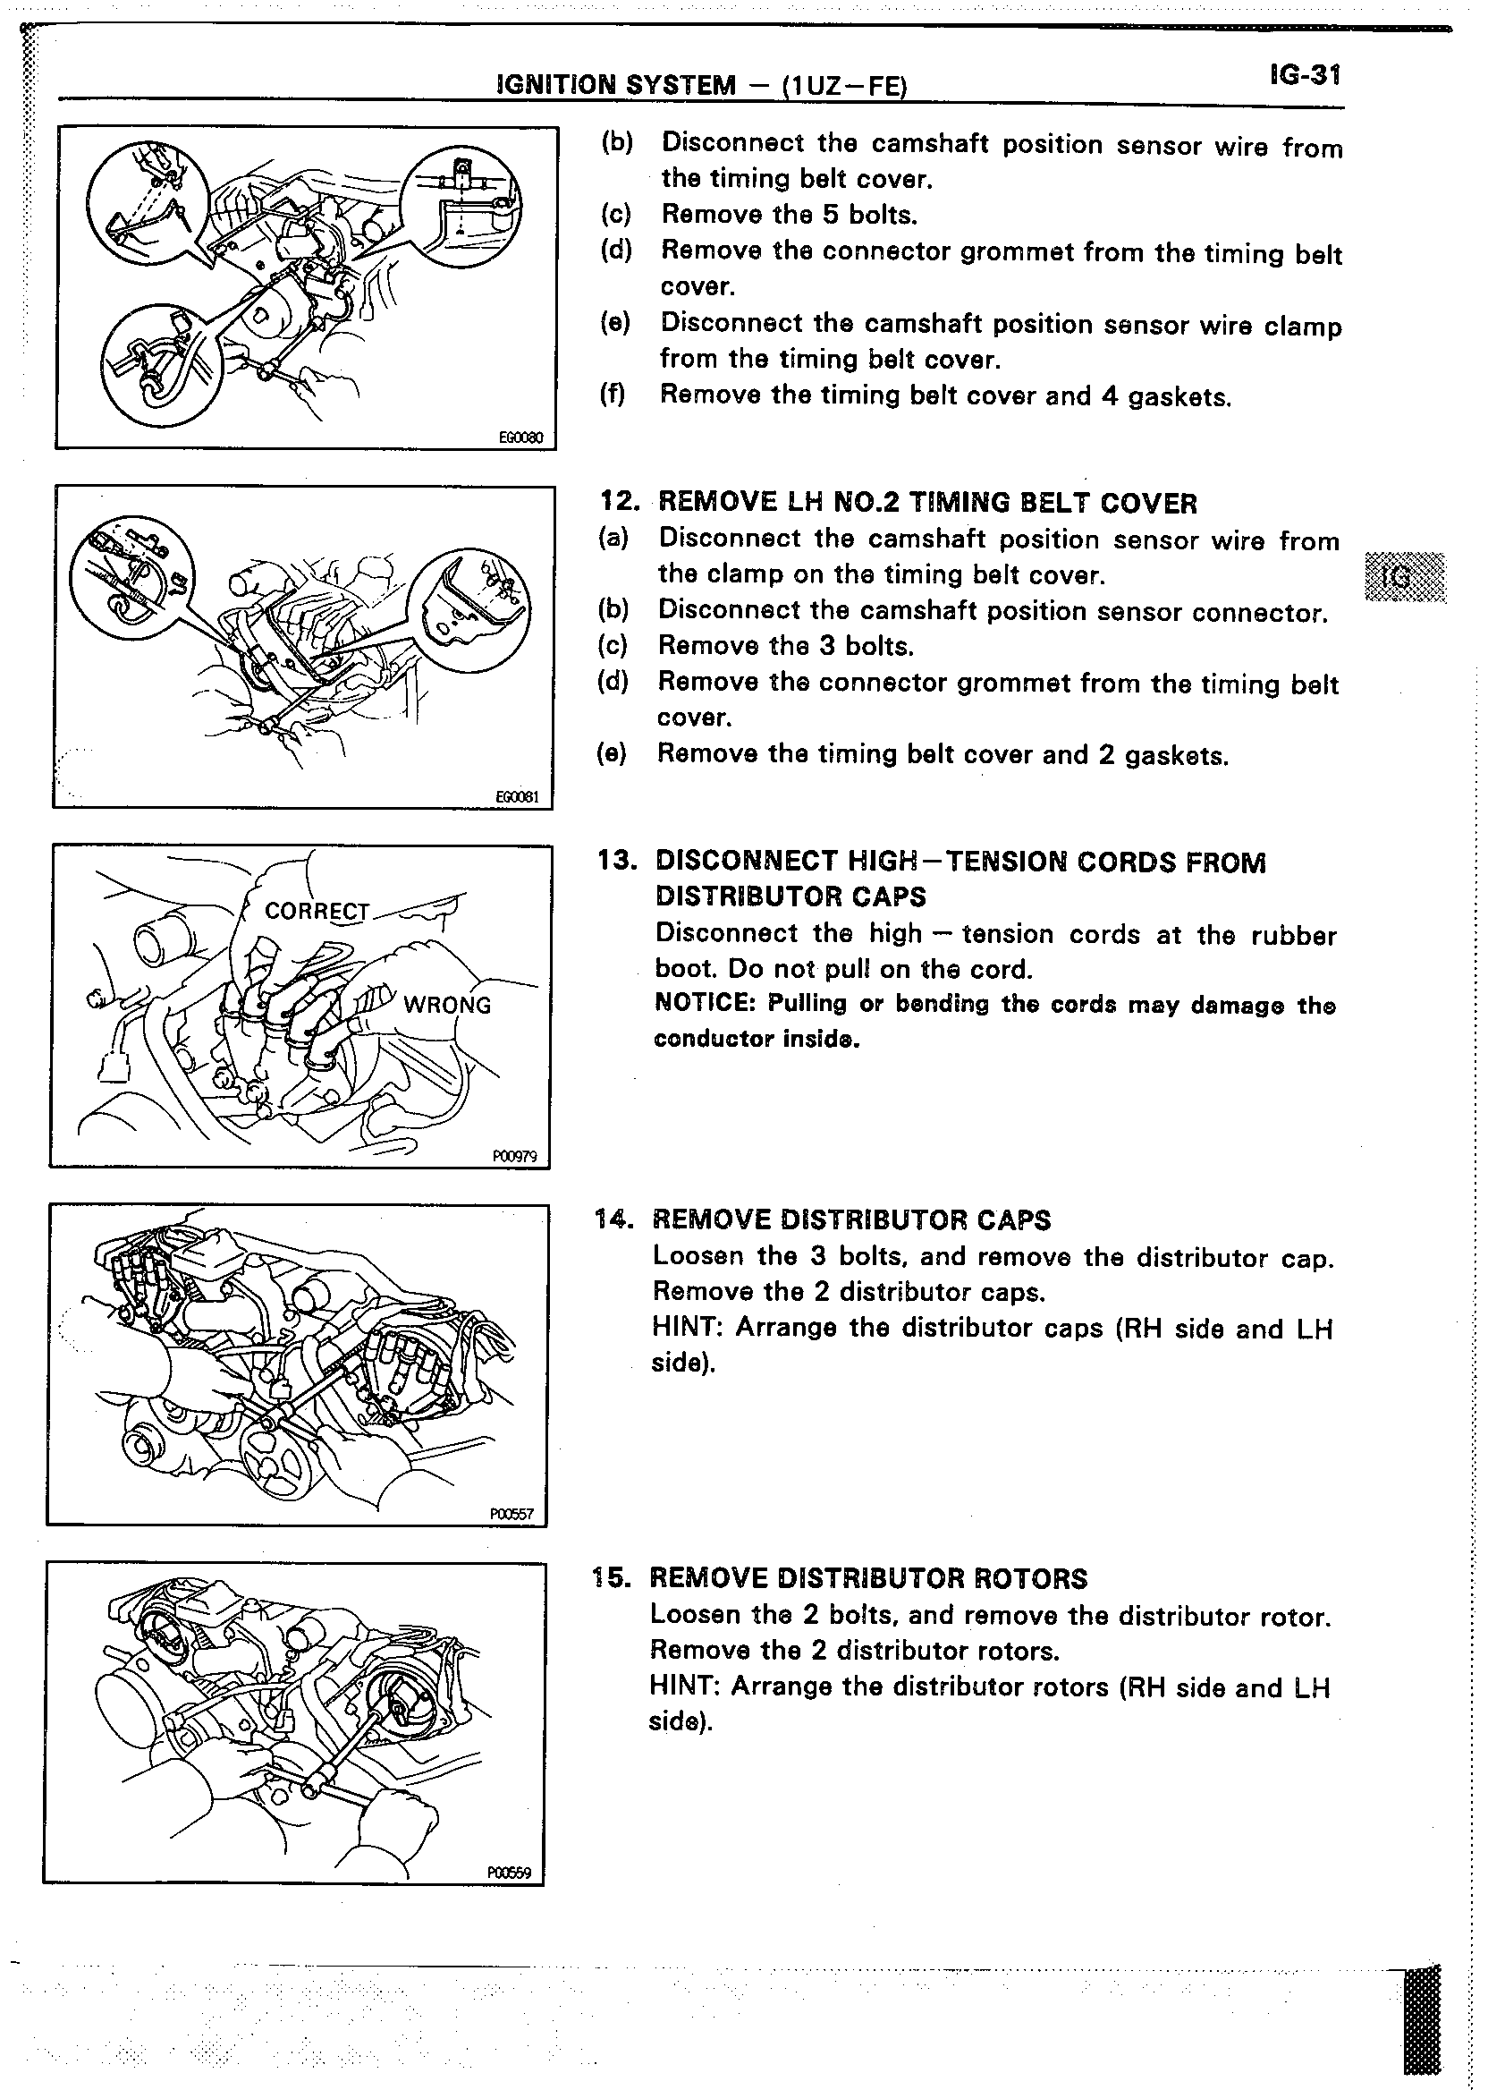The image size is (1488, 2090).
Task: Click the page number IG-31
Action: (1306, 75)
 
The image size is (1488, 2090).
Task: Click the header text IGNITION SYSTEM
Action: (615, 86)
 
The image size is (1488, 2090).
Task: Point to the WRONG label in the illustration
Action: (447, 1006)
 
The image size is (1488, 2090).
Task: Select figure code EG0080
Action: (520, 438)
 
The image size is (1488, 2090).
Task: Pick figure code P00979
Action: (514, 1157)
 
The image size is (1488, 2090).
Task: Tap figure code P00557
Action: (511, 1515)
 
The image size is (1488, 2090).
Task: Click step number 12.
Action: (618, 502)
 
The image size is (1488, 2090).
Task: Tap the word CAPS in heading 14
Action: (1013, 1220)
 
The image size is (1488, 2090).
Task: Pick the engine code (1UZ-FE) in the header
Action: (843, 86)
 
